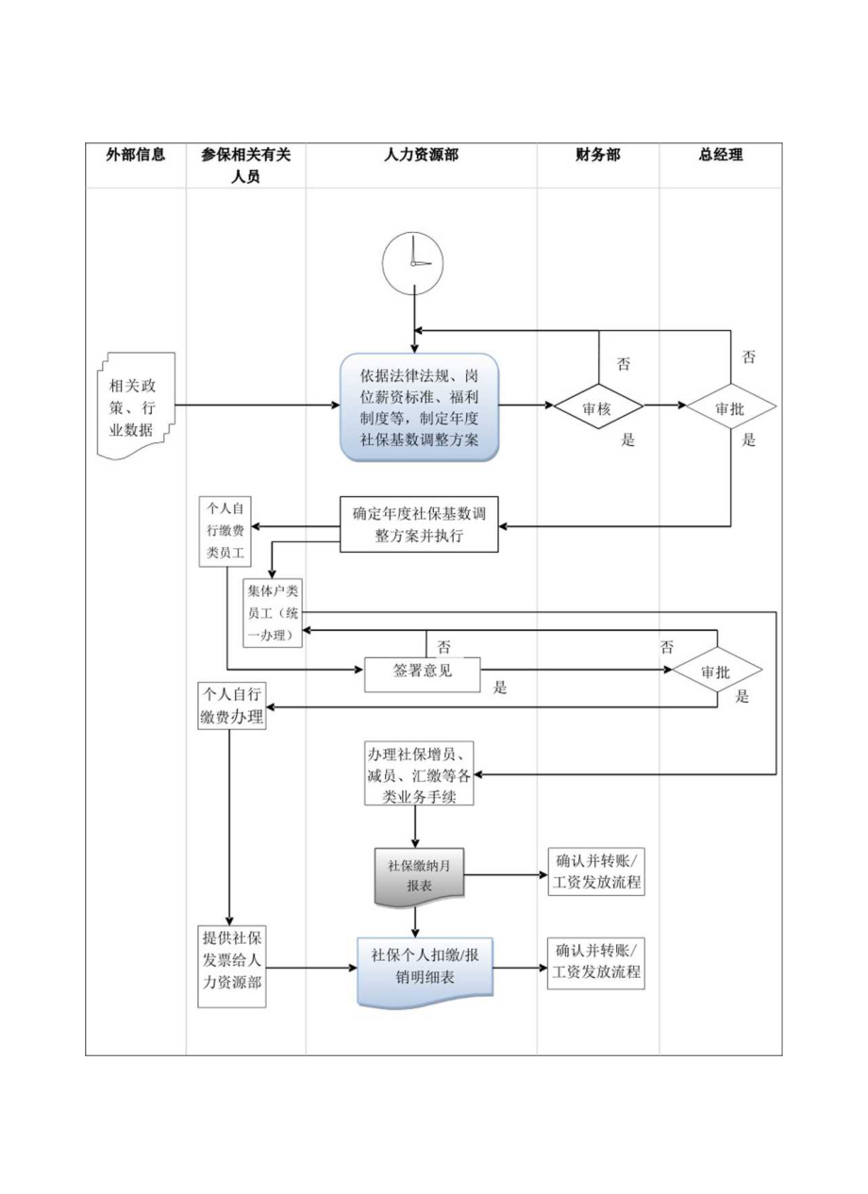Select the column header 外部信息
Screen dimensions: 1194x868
pyautogui.click(x=135, y=156)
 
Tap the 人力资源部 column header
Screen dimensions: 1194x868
pyautogui.click(x=421, y=156)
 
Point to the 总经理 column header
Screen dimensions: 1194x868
pyautogui.click(x=720, y=156)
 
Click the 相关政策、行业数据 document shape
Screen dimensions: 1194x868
pyautogui.click(x=137, y=406)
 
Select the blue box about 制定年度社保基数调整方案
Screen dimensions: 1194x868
pyautogui.click(x=419, y=407)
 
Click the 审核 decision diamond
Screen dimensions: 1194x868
pyautogui.click(x=598, y=407)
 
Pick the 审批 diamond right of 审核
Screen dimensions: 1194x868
pyautogui.click(x=730, y=407)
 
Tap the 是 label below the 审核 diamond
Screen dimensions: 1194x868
pyautogui.click(x=627, y=440)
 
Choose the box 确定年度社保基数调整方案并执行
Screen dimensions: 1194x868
pyautogui.click(x=419, y=525)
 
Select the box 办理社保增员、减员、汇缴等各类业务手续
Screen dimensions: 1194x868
pyautogui.click(x=419, y=774)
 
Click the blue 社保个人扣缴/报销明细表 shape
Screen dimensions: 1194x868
pyautogui.click(x=425, y=967)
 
